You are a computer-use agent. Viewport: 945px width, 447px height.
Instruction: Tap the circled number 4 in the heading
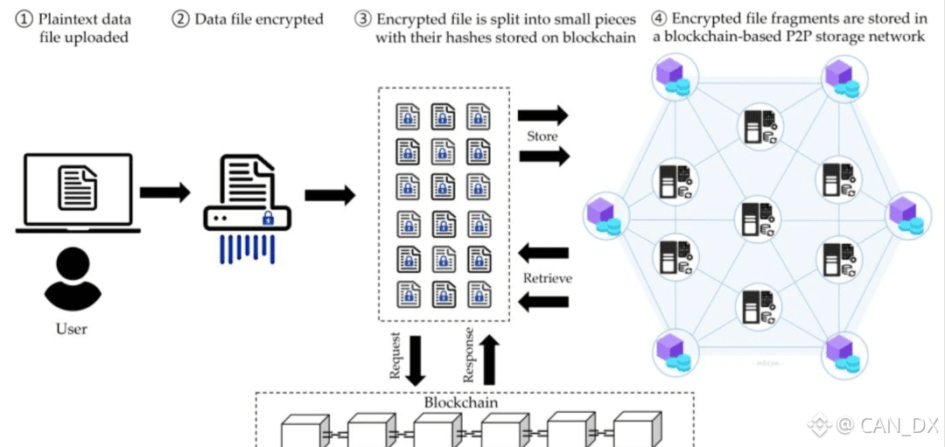(x=661, y=18)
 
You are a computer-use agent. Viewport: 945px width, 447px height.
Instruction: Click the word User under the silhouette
(x=72, y=329)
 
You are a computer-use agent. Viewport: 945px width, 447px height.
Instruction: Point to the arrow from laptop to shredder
(x=164, y=193)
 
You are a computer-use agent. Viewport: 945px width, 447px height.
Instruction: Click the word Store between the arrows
(x=542, y=136)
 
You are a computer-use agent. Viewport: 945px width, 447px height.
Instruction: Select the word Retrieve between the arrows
(x=547, y=278)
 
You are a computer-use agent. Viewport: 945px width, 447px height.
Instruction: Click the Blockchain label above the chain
(x=460, y=403)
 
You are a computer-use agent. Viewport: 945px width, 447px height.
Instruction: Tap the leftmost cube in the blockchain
(x=303, y=431)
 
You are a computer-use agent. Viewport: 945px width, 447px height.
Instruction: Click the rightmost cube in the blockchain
(x=634, y=431)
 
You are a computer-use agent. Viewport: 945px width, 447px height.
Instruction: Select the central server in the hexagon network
(x=754, y=218)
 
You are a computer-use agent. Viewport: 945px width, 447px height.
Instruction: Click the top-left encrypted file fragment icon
(x=409, y=116)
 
